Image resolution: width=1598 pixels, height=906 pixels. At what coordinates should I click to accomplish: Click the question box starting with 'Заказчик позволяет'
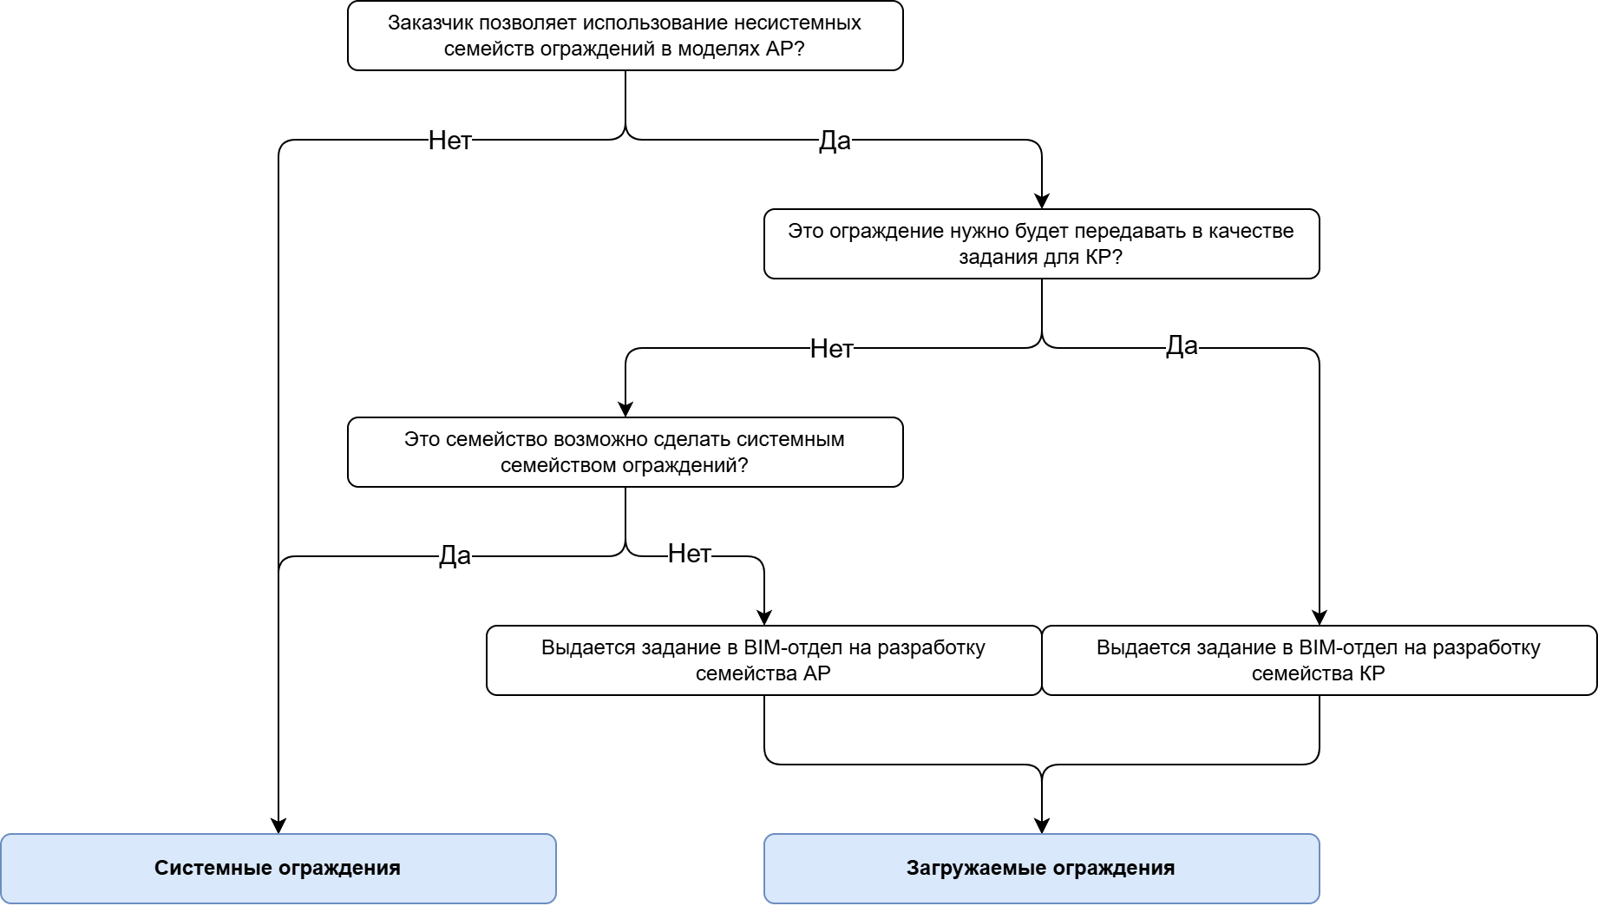pyautogui.click(x=625, y=36)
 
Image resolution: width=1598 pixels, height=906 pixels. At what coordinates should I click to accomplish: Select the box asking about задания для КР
pyautogui.click(x=1041, y=244)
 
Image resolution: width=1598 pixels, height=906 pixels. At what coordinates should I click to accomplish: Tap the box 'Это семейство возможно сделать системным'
pyautogui.click(x=625, y=452)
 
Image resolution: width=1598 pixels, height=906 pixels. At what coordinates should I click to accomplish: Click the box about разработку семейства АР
pyautogui.click(x=763, y=660)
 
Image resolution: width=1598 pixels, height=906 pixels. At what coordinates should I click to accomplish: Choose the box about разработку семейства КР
pyautogui.click(x=1319, y=660)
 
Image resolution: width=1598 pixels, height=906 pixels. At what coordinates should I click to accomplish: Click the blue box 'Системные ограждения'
pyautogui.click(x=278, y=869)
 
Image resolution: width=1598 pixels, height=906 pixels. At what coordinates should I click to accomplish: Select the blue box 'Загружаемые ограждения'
pyautogui.click(x=1041, y=869)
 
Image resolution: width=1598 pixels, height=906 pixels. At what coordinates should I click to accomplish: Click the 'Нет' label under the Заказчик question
pyautogui.click(x=449, y=140)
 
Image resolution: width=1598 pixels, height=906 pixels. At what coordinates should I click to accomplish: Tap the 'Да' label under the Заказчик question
pyautogui.click(x=835, y=140)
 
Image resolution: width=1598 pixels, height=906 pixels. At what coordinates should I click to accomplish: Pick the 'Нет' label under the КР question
pyautogui.click(x=831, y=348)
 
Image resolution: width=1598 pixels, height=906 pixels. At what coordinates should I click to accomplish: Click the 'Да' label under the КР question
pyautogui.click(x=1182, y=345)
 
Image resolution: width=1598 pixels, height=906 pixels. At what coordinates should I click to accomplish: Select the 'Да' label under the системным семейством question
pyautogui.click(x=455, y=555)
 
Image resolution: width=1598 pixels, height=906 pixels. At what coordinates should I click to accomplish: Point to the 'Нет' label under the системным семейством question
pyautogui.click(x=690, y=553)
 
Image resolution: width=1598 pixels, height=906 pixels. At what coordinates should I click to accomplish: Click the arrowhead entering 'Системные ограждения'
pyautogui.click(x=278, y=825)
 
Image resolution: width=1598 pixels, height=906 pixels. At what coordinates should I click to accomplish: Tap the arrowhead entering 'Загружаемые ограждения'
pyautogui.click(x=1042, y=825)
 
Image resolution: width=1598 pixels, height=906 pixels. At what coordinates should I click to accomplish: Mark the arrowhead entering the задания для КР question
pyautogui.click(x=1042, y=200)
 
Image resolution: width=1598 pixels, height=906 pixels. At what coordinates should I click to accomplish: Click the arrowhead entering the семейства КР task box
pyautogui.click(x=1320, y=617)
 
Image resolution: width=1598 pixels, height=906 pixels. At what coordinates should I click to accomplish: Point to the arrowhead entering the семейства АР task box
pyautogui.click(x=764, y=617)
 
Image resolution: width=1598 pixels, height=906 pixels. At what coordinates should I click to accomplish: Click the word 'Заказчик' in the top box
pyautogui.click(x=425, y=23)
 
